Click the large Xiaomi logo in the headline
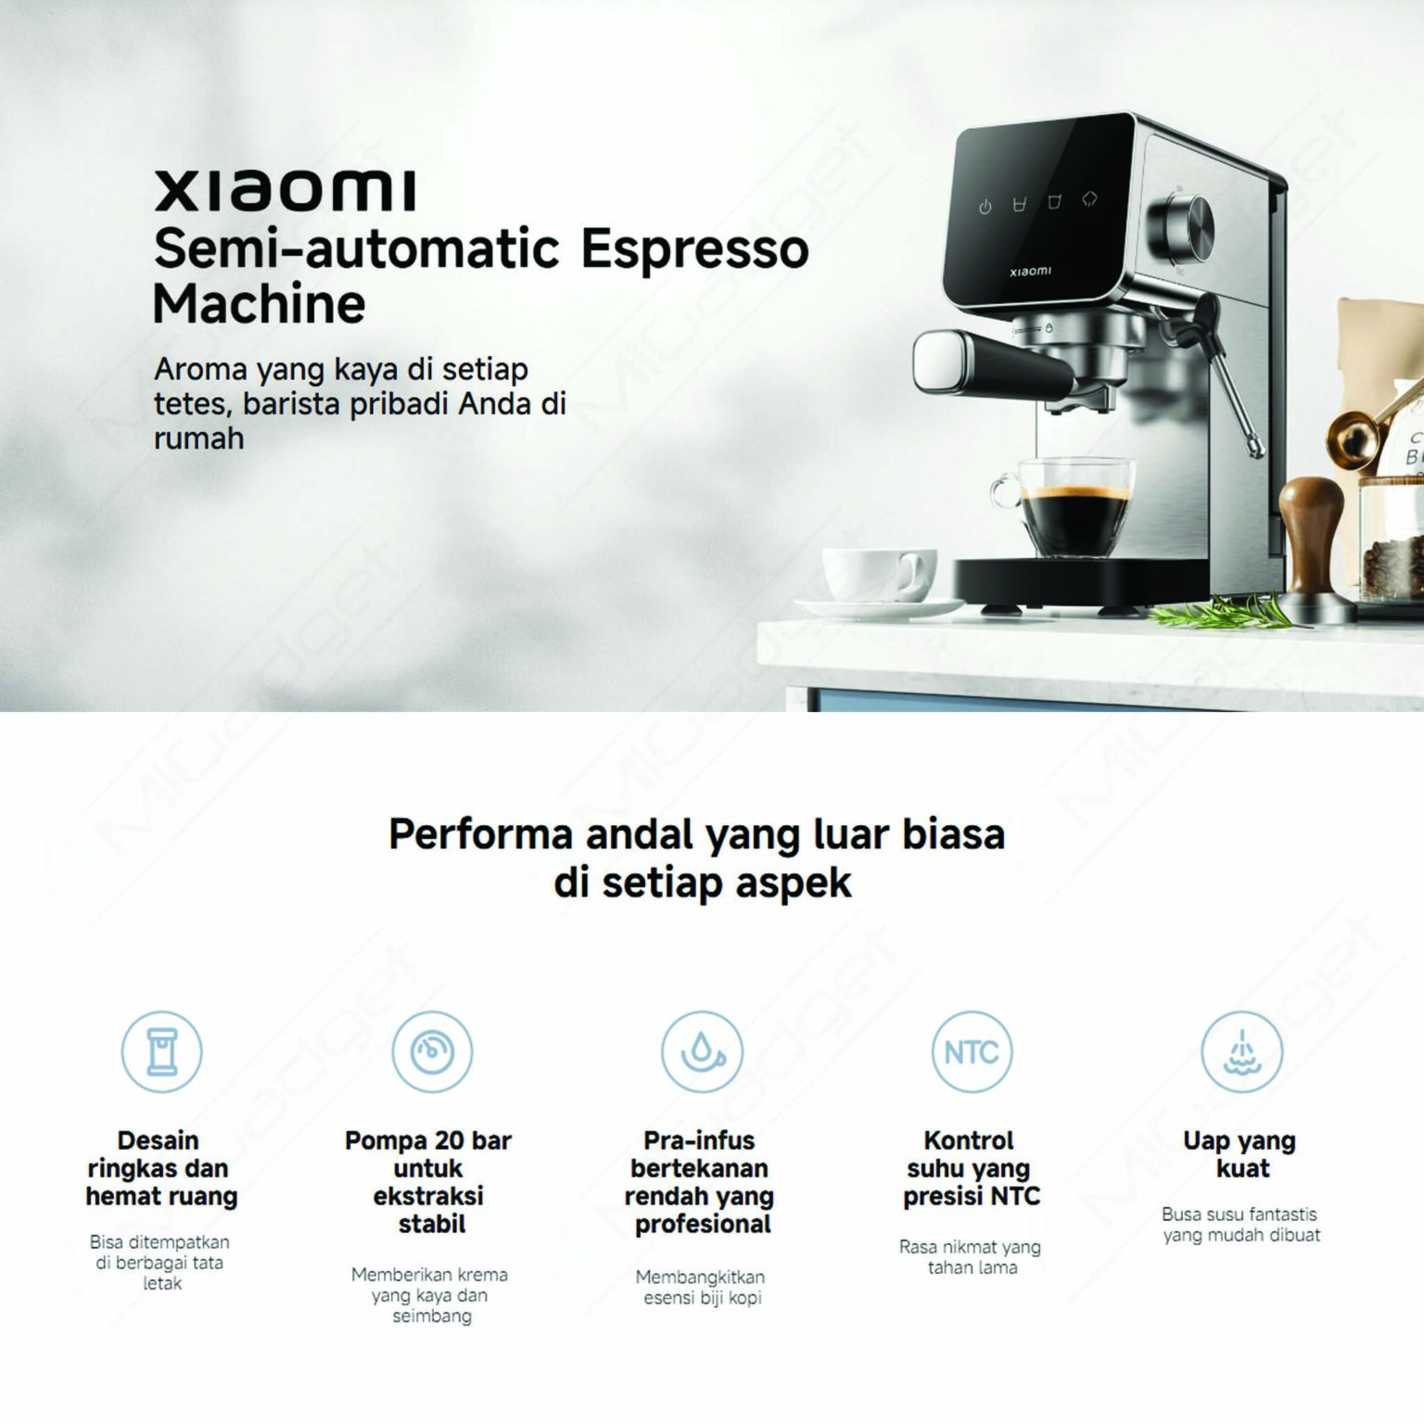285,190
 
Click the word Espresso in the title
694,249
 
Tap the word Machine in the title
260,304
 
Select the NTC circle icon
972,1052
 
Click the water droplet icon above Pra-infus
702,1052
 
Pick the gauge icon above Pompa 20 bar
432,1052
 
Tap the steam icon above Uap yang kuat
1241,1052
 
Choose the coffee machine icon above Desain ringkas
162,1052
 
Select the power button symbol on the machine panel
985,207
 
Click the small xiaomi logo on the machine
1030,272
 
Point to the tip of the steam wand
1257,450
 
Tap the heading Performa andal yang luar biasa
696,834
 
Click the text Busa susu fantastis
1239,1214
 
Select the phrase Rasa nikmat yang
970,1247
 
